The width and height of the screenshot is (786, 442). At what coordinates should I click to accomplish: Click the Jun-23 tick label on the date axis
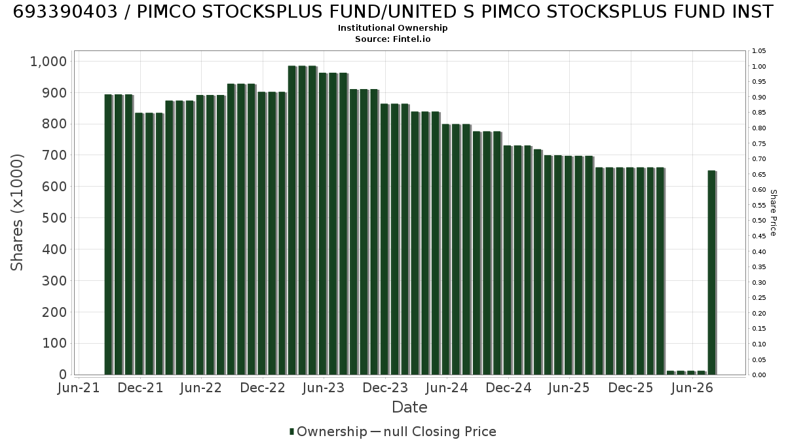pos(324,388)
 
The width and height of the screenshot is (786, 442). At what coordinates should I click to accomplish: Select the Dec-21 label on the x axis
pos(140,388)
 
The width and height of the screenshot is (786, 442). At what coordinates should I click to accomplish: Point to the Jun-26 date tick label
pos(692,388)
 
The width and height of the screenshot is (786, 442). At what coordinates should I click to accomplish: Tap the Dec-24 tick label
pos(508,388)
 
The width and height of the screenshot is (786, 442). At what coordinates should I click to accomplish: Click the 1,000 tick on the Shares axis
pos(48,62)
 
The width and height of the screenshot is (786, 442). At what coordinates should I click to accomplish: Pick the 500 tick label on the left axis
pos(54,218)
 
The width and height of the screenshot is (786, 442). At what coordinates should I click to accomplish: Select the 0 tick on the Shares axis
pos(63,375)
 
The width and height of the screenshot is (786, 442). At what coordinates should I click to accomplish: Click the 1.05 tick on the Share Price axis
pos(758,51)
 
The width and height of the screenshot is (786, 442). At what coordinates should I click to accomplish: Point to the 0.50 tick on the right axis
pos(758,221)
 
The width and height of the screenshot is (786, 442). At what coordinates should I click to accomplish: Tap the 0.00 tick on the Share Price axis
pos(758,375)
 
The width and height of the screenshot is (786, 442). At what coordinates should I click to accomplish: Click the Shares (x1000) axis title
pos(16,212)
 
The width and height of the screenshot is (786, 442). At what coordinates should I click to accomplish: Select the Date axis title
pos(409,407)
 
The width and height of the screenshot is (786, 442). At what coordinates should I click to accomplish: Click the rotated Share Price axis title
pos(774,213)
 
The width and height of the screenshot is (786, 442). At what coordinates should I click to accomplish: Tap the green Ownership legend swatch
pos(291,432)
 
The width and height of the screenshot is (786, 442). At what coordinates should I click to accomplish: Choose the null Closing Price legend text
pos(440,432)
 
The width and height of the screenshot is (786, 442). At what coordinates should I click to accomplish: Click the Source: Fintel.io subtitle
pos(392,39)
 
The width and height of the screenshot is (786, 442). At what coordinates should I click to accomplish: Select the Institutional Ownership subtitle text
pos(392,28)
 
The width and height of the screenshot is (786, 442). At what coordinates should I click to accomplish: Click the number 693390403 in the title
pos(65,12)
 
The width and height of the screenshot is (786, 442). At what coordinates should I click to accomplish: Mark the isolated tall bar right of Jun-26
pos(712,272)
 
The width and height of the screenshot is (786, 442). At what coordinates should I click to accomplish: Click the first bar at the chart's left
pos(109,234)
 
